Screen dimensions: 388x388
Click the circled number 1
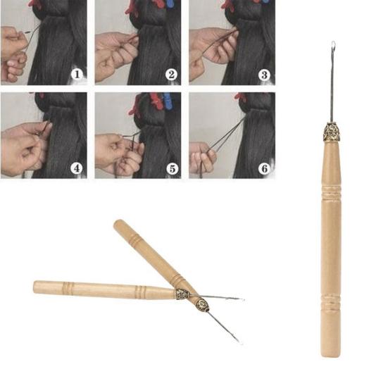click(77, 73)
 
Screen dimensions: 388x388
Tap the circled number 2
click(171, 73)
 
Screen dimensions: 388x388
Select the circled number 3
click(265, 73)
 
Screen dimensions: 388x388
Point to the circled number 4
click(77, 167)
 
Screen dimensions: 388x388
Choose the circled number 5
click(171, 167)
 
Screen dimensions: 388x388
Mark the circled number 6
click(265, 167)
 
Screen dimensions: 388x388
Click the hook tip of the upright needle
click(332, 47)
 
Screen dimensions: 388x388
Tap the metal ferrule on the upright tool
click(332, 131)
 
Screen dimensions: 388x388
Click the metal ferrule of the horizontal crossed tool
click(182, 294)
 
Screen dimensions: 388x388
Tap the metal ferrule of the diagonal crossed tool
click(202, 305)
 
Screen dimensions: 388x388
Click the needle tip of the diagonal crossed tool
click(239, 342)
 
